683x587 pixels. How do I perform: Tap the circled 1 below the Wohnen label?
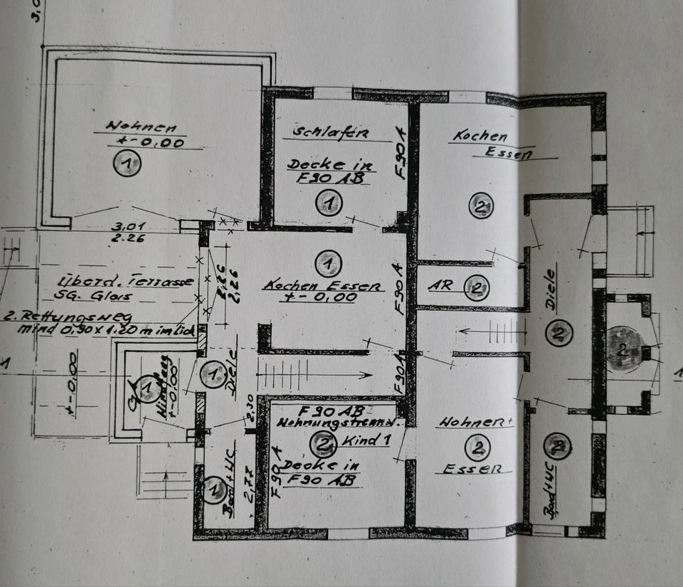127,165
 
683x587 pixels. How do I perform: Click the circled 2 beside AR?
477,287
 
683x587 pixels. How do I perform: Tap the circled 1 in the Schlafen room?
328,204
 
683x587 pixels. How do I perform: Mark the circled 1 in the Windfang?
147,388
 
